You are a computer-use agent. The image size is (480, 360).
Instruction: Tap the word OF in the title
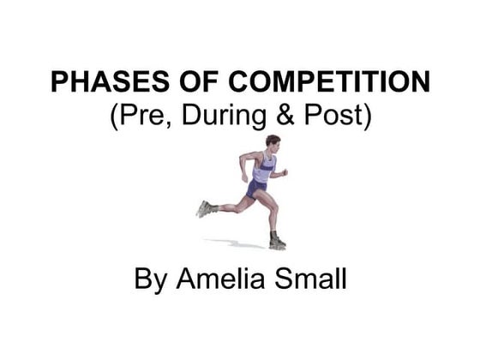[173, 83]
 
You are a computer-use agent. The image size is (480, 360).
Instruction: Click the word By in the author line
[151, 280]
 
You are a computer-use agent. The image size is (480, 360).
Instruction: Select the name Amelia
[227, 280]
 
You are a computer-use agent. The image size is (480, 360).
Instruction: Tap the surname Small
[314, 280]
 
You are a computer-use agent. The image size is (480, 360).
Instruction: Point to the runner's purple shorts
[255, 187]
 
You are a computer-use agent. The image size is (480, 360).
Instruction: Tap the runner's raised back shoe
[204, 208]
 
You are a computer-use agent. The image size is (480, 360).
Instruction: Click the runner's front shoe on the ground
[277, 240]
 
